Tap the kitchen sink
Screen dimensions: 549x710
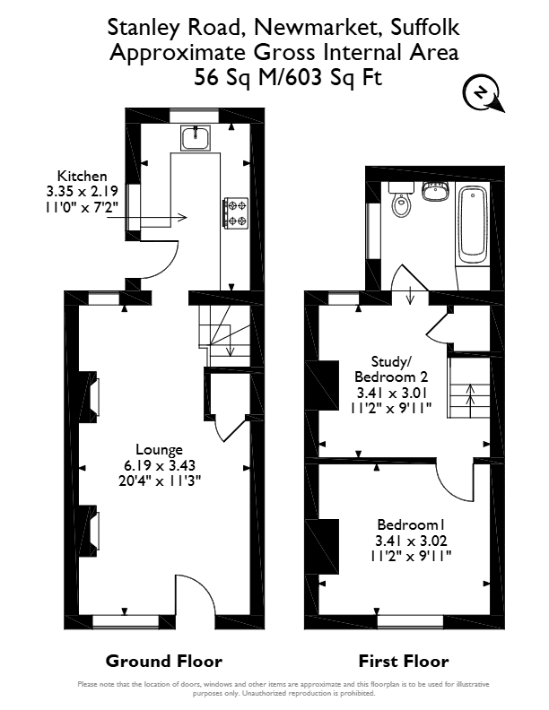196,138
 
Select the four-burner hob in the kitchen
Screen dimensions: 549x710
236,212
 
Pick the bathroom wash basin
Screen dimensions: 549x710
435,191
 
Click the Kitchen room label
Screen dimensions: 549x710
82,176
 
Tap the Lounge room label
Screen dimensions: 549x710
160,450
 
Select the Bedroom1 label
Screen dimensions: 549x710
411,524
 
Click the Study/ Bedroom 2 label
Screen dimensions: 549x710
391,369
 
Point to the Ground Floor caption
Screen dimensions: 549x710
164,661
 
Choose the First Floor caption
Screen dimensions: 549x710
404,661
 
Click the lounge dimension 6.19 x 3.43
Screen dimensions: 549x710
160,465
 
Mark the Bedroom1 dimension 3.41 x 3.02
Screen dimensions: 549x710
411,541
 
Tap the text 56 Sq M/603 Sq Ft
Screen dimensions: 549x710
288,77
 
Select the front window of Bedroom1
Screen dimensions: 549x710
410,622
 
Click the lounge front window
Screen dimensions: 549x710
126,622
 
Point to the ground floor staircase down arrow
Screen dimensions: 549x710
230,342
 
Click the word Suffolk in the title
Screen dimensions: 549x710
425,27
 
